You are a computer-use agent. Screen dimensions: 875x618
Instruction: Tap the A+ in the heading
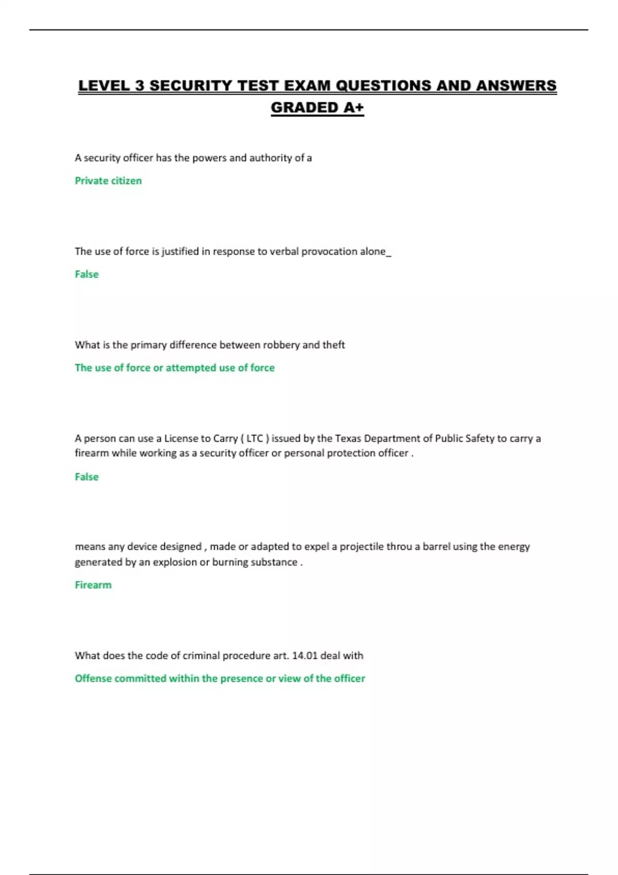352,108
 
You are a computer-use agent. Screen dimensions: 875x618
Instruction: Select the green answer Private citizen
108,181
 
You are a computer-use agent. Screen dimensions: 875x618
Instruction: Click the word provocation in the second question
329,252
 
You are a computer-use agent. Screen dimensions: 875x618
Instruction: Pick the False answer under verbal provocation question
87,274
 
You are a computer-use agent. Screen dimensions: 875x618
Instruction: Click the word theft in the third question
334,345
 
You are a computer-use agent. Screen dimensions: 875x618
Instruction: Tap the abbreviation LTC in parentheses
255,439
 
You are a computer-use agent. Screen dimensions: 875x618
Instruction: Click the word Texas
348,439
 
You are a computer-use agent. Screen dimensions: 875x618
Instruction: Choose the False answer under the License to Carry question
87,477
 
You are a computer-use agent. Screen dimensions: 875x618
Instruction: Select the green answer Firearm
93,585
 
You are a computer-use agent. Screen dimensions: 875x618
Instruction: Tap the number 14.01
304,656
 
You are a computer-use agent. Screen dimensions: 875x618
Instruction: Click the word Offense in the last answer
93,678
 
